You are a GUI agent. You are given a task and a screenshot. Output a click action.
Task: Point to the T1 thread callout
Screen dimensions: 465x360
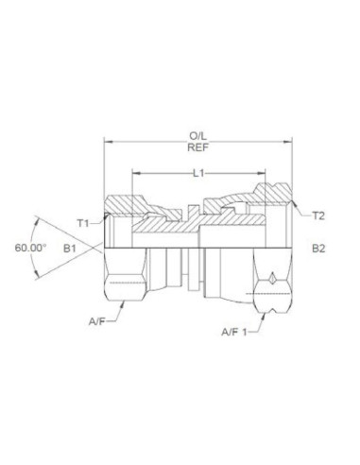(x=83, y=223)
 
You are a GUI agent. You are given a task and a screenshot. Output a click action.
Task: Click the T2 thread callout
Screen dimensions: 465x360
(x=319, y=216)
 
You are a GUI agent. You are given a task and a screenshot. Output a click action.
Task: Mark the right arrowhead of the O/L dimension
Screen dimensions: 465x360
(x=290, y=143)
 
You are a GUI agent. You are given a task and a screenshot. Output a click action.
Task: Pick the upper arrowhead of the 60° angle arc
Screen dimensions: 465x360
(x=38, y=216)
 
